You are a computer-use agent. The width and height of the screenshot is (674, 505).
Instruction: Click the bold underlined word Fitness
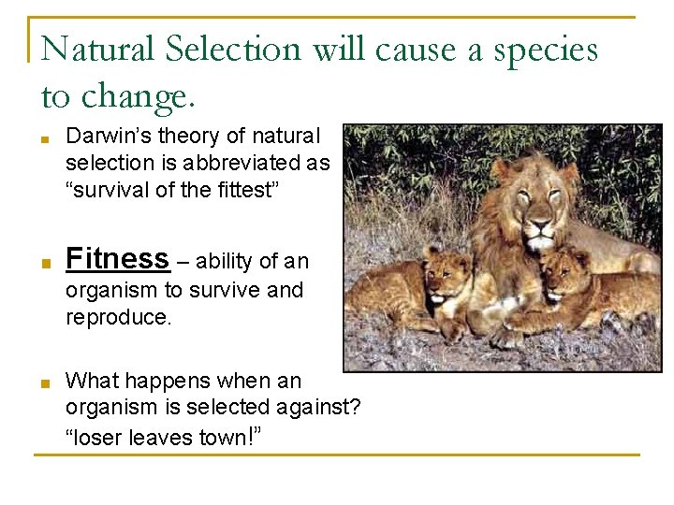tap(117, 258)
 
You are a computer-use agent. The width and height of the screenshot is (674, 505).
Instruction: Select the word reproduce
tap(118, 317)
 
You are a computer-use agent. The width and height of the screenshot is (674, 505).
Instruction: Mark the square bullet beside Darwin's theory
tap(45, 139)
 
